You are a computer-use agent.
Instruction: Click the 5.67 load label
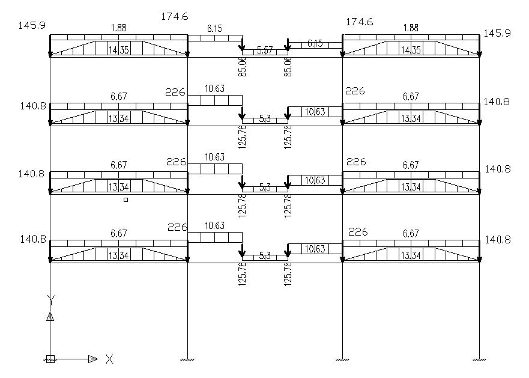tap(264, 50)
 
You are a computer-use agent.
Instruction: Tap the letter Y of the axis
tap(51, 299)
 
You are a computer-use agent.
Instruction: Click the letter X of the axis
tap(109, 359)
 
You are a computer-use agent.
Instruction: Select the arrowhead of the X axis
tap(92, 359)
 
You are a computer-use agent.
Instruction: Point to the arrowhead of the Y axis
tap(50, 317)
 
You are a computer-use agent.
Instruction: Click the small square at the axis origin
tap(50, 359)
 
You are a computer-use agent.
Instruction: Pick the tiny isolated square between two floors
tap(125, 200)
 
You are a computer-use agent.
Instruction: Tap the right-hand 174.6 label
tap(360, 22)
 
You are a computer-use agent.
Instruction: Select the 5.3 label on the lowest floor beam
tap(265, 256)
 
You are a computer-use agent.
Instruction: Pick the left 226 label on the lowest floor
tap(177, 227)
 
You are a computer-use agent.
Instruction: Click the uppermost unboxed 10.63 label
tap(214, 89)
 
